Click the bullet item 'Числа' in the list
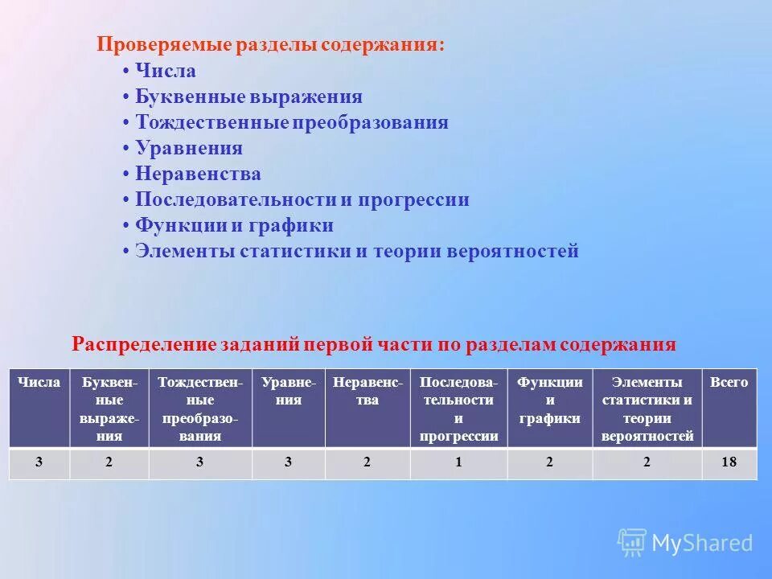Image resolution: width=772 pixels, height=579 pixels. click(x=165, y=72)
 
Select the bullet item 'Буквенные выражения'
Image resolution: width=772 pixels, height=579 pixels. click(x=248, y=97)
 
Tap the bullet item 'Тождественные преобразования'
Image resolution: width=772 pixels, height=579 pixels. click(x=291, y=123)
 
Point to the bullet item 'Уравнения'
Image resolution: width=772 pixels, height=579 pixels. click(x=188, y=149)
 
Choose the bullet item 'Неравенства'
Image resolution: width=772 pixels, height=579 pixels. click(x=198, y=175)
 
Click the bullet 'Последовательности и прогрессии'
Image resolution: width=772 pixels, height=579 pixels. click(x=302, y=200)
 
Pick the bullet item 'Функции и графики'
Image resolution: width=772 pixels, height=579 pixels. click(x=234, y=226)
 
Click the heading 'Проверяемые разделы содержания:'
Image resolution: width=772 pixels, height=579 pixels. click(x=270, y=45)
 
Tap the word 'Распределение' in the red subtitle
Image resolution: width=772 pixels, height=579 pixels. click(x=143, y=345)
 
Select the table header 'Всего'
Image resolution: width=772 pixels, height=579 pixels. click(x=729, y=383)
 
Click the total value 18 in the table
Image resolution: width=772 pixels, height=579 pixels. click(x=729, y=463)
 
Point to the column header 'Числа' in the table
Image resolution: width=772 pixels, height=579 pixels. click(x=39, y=383)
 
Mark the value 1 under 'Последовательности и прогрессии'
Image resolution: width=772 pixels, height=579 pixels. click(x=458, y=463)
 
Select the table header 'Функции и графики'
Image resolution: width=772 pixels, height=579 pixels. click(x=550, y=400)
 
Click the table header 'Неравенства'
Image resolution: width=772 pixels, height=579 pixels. click(x=368, y=391)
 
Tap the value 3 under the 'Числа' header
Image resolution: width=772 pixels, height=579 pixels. click(x=39, y=463)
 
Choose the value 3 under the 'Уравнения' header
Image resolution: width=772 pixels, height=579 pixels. click(x=289, y=463)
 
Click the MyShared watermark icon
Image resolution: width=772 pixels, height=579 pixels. click(x=632, y=543)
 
